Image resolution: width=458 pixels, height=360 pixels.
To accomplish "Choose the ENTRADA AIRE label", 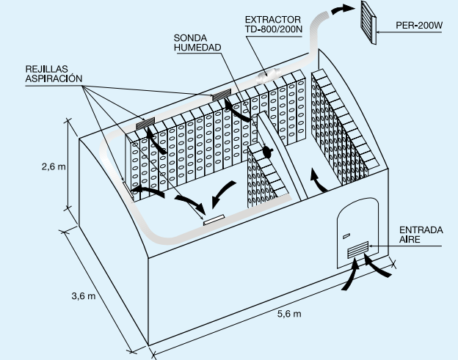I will (421, 235).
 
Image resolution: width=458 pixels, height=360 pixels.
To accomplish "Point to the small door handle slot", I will (345, 235).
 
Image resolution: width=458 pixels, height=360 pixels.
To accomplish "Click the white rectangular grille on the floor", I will (214, 218).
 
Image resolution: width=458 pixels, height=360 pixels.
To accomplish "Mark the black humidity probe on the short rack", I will (267, 153).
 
